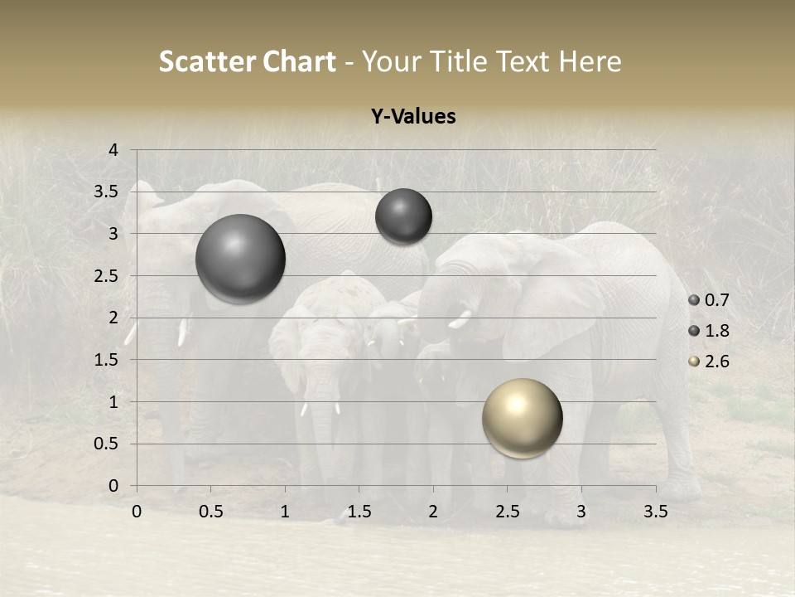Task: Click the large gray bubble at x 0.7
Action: (241, 260)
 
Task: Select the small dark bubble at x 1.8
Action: (403, 216)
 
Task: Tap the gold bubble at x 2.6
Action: (523, 419)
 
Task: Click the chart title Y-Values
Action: (412, 117)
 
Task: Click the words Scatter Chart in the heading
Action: (247, 61)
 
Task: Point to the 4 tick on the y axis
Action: (114, 150)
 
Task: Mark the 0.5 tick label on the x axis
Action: (210, 512)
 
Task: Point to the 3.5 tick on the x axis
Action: (655, 512)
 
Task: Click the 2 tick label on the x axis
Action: (433, 512)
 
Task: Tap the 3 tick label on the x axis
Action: (581, 512)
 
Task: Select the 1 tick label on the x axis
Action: (285, 512)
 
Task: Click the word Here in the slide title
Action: (590, 61)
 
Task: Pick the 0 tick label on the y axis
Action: (114, 486)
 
